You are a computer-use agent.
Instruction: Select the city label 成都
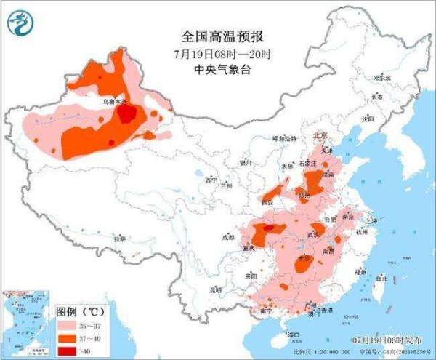228,237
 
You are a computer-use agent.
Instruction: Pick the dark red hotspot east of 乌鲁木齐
128,114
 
